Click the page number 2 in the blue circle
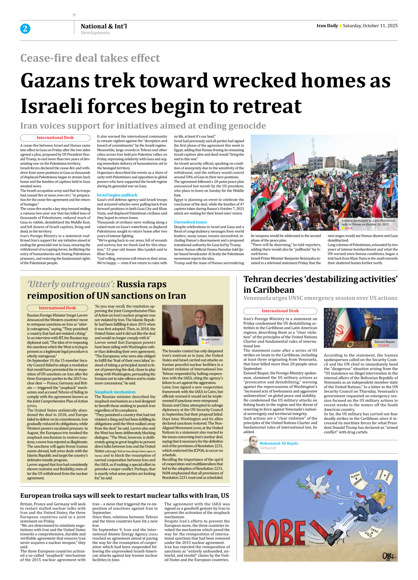(25, 28)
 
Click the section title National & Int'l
(104, 26)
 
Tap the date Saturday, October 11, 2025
(370, 26)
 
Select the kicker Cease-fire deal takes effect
(90, 58)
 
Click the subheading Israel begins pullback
(117, 195)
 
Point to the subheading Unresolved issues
(190, 222)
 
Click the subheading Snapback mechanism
(115, 392)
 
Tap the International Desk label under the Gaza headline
(55, 138)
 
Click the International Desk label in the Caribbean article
(280, 311)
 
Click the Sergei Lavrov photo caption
(210, 339)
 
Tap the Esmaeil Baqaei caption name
(385, 342)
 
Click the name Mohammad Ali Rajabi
(279, 443)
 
